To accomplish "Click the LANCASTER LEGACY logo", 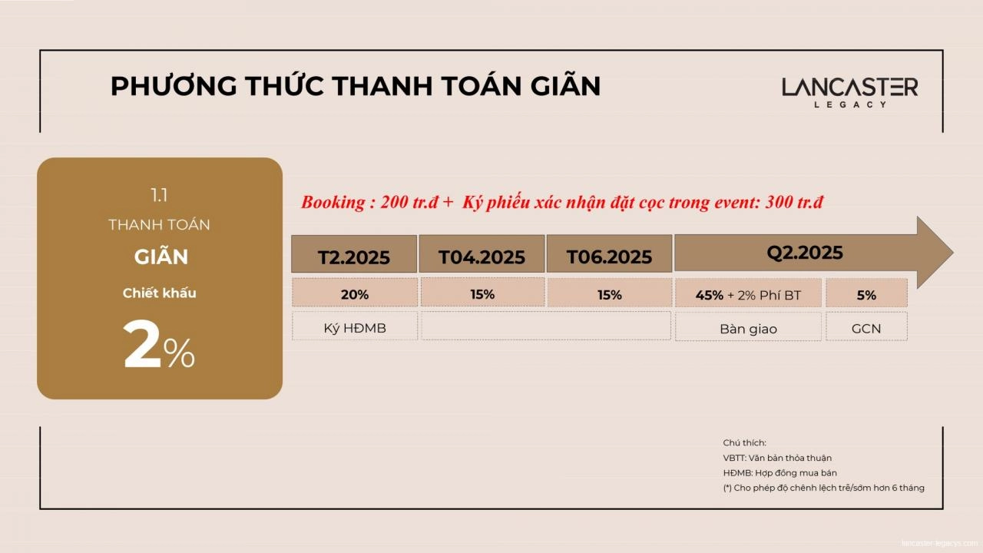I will pyautogui.click(x=849, y=92).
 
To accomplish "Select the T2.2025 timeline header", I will pyautogui.click(x=354, y=257).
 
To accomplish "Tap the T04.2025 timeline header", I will pyautogui.click(x=482, y=257).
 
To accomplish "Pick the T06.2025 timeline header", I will pyautogui.click(x=609, y=257).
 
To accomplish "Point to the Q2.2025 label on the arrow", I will pyautogui.click(x=804, y=253).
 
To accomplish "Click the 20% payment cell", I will pyautogui.click(x=355, y=294).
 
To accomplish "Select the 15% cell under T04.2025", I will pyautogui.click(x=482, y=294).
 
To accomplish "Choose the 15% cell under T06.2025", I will pyautogui.click(x=609, y=294).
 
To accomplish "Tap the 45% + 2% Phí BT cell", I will pyautogui.click(x=747, y=294).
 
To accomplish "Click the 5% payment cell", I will pyautogui.click(x=866, y=294).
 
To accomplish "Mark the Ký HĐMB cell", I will pyautogui.click(x=355, y=328).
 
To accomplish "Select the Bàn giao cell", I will pyautogui.click(x=748, y=329).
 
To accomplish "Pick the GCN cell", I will pyautogui.click(x=866, y=329).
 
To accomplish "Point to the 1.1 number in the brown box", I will pyautogui.click(x=159, y=195).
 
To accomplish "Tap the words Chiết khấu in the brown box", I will pyautogui.click(x=159, y=293).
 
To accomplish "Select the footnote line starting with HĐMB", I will pyautogui.click(x=779, y=473).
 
